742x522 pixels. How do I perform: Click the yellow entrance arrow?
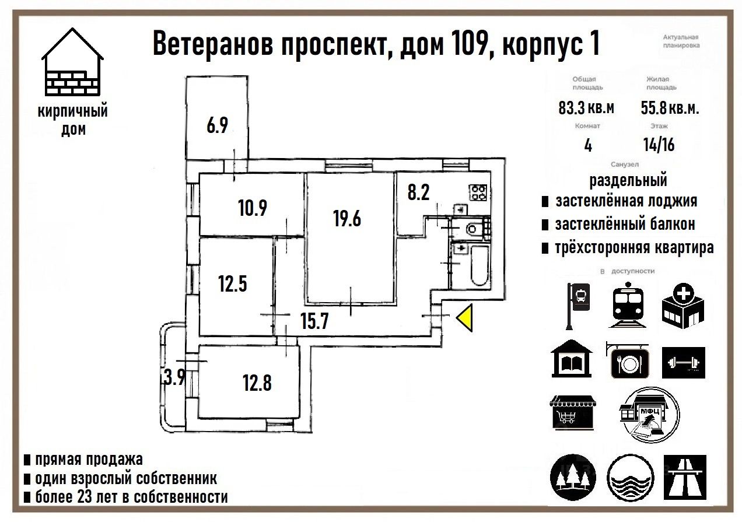coord(465,318)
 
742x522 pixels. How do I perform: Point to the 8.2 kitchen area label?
coord(418,193)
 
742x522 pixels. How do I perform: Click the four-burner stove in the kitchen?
coord(479,192)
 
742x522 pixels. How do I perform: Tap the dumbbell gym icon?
coord(683,362)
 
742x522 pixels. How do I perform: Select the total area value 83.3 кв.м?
coord(586,108)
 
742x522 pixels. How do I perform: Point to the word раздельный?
coord(628,180)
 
